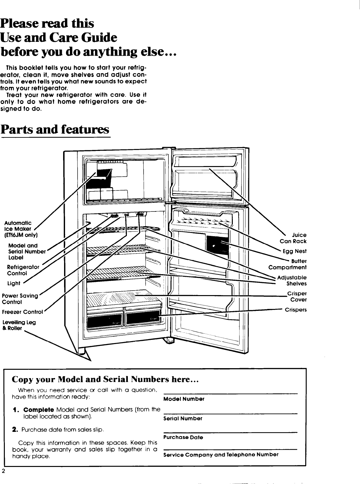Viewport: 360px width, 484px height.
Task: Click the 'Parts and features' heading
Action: click(x=55, y=130)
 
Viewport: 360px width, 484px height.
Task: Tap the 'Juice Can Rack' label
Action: click(x=293, y=238)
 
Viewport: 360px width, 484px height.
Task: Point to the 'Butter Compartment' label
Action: click(x=288, y=264)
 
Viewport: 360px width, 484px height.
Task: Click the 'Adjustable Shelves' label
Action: click(x=292, y=281)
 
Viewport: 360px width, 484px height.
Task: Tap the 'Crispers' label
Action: click(x=296, y=310)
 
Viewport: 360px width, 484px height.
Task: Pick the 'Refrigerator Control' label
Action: click(x=23, y=270)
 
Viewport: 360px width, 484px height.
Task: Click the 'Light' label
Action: click(x=14, y=283)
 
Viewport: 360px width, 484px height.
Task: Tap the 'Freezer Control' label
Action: click(x=22, y=312)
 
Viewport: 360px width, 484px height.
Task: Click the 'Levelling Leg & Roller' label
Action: click(x=18, y=325)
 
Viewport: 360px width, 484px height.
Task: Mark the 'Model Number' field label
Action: click(x=184, y=399)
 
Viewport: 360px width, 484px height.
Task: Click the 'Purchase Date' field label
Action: click(x=183, y=437)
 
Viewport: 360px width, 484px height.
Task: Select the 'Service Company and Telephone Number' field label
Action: click(x=221, y=454)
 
